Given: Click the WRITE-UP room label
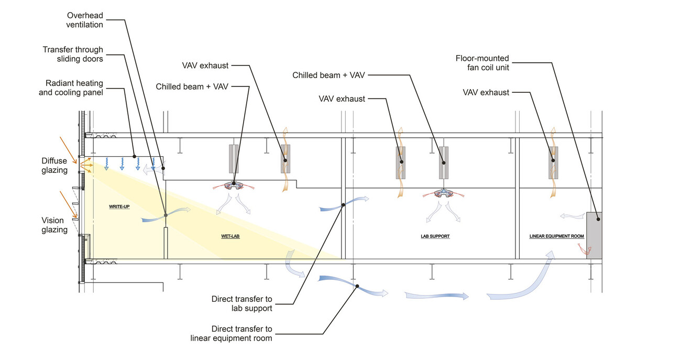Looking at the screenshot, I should click(x=119, y=206).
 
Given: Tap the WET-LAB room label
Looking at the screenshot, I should click(x=231, y=236).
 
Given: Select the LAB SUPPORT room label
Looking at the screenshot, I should click(x=435, y=236).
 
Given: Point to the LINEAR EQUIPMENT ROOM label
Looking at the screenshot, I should click(x=556, y=236).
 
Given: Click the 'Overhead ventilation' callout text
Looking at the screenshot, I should click(x=84, y=19).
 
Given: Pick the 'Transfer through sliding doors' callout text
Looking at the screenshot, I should click(x=73, y=54).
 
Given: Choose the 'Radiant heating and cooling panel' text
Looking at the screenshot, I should click(x=74, y=88).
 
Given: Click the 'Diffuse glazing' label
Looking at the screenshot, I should click(x=54, y=166).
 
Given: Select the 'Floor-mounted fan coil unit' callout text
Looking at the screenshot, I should click(x=482, y=63).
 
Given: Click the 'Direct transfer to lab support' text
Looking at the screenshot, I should click(x=242, y=304).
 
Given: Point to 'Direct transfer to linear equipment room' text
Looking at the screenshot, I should click(x=231, y=334).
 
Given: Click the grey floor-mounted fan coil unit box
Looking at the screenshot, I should click(x=594, y=235).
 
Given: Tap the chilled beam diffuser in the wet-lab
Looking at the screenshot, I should click(x=234, y=186).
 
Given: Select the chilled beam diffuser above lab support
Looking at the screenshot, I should click(x=444, y=192).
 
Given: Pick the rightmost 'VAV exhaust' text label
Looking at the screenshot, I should click(x=486, y=92).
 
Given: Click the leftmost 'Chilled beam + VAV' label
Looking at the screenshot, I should click(x=192, y=86).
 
